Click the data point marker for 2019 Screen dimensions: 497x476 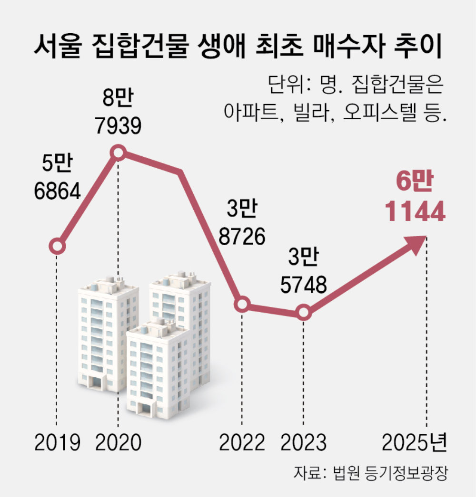tap(57, 247)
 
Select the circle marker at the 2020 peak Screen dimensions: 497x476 tap(118, 153)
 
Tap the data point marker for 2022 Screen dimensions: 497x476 tap(242, 305)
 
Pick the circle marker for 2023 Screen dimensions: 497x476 tap(303, 313)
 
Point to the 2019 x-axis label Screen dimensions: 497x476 tap(57, 443)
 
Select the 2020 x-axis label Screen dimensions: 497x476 tap(118, 443)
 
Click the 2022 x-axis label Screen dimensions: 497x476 tap(242, 443)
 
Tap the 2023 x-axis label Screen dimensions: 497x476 tap(303, 443)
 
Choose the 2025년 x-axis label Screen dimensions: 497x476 tap(415, 443)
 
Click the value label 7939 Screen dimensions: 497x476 tap(118, 126)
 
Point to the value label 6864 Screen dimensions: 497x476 tap(57, 191)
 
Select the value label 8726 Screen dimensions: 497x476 tap(242, 236)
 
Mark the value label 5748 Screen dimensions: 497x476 tap(303, 285)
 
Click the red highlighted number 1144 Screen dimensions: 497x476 tap(415, 212)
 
